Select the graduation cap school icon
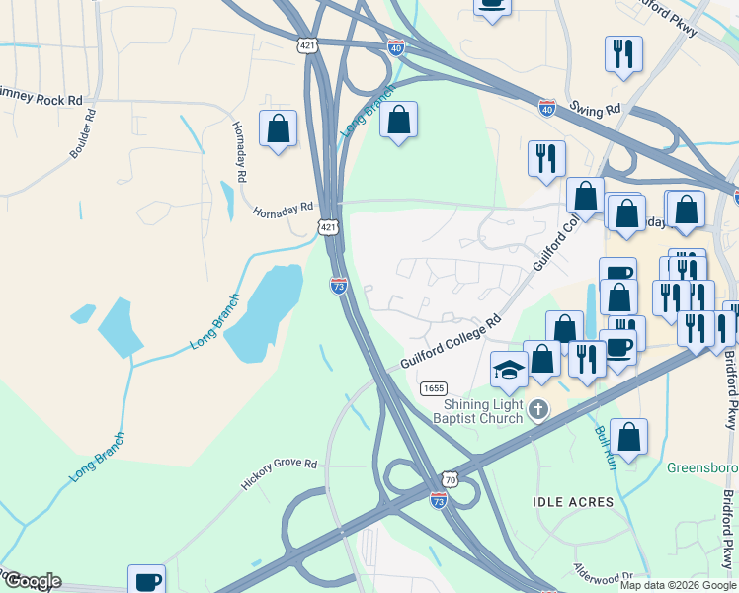(509, 370)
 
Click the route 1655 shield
(432, 387)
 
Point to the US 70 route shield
(450, 477)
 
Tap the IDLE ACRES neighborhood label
(573, 502)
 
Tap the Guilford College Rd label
(451, 342)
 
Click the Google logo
(32, 581)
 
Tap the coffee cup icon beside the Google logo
(147, 580)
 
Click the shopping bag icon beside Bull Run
(628, 436)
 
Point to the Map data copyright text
(678, 585)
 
